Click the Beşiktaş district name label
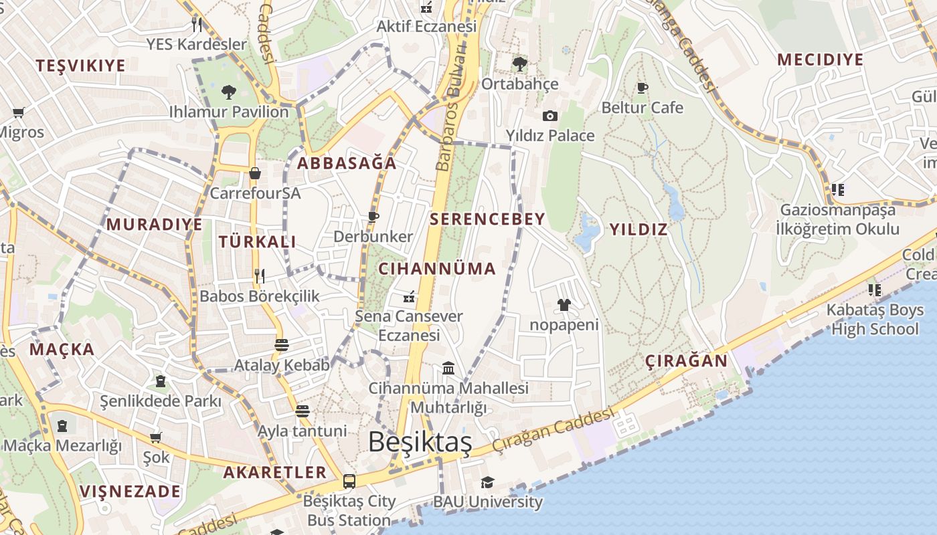click(x=420, y=442)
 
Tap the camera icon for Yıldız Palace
click(x=550, y=116)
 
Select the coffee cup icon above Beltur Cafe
click(x=643, y=88)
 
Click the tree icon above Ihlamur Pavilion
click(x=228, y=91)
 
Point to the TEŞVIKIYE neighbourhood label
click(x=81, y=66)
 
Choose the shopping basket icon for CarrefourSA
click(x=255, y=173)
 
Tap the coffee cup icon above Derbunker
click(x=373, y=217)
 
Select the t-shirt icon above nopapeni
click(x=564, y=305)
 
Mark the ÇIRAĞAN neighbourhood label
click(x=686, y=361)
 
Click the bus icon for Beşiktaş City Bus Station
click(x=349, y=481)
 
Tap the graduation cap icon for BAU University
click(x=487, y=482)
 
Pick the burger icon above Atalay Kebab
click(x=282, y=345)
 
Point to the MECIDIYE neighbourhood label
click(x=821, y=60)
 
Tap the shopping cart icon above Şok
click(x=156, y=438)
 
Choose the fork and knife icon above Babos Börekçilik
click(x=260, y=276)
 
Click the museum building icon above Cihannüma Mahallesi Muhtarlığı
click(x=448, y=368)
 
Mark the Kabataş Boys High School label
click(x=875, y=319)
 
